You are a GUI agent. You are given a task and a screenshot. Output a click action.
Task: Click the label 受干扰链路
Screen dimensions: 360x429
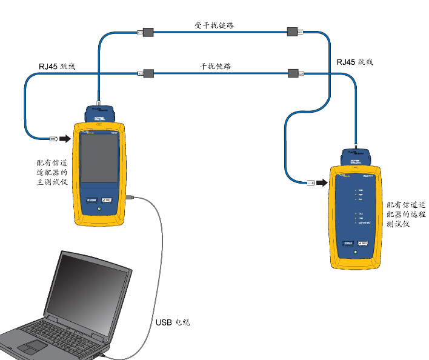213,25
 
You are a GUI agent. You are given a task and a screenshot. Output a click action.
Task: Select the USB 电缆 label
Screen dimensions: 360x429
173,322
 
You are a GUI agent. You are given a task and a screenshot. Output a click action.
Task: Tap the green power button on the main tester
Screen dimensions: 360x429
99,210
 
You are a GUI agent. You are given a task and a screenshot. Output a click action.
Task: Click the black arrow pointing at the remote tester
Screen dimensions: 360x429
322,182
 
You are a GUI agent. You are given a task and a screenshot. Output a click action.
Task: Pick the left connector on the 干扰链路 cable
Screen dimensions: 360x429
147,74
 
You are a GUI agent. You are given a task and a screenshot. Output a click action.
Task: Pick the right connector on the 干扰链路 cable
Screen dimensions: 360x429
295,74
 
